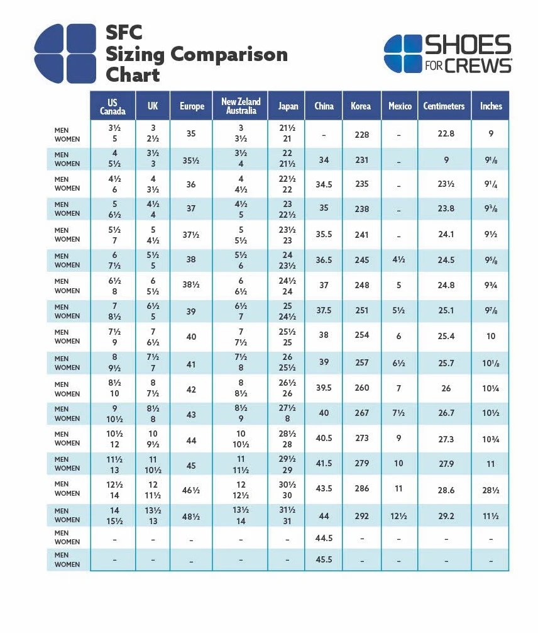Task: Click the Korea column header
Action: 361,106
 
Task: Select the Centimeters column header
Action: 444,106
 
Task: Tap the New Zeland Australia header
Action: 241,106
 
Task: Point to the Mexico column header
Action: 400,106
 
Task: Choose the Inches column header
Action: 491,106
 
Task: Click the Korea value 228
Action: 362,135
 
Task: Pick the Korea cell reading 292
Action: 362,516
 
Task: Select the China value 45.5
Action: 324,559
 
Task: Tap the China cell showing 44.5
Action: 324,538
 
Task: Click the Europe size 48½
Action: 191,517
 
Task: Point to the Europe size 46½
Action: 191,491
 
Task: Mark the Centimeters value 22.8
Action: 446,133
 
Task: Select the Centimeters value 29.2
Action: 446,517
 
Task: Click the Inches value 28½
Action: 491,491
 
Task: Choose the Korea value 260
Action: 362,388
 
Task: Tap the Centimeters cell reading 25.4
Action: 446,336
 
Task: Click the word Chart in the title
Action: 133,75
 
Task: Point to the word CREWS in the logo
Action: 478,66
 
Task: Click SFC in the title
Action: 124,33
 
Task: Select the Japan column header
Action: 288,106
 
